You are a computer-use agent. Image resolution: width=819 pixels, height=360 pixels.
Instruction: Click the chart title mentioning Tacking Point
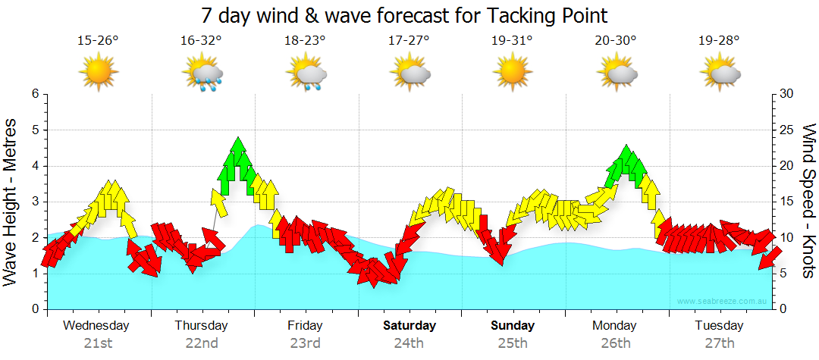[x=405, y=15]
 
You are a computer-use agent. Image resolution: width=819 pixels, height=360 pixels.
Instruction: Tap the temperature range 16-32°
[x=201, y=41]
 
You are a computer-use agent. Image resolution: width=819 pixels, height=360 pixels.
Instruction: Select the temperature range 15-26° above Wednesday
[x=98, y=41]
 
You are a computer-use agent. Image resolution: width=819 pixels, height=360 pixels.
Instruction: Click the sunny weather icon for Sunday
[x=512, y=73]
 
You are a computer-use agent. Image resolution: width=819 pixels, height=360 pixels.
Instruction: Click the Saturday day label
[x=409, y=326]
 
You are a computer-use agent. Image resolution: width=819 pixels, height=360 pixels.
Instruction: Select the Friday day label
[x=305, y=326]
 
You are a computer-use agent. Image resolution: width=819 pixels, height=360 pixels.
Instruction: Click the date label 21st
[x=98, y=343]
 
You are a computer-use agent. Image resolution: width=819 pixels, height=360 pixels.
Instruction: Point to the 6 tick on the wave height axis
[x=35, y=94]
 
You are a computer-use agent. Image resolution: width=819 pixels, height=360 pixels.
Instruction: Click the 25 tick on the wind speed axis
[x=787, y=130]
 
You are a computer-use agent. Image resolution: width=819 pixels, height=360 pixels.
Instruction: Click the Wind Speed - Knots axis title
[x=808, y=202]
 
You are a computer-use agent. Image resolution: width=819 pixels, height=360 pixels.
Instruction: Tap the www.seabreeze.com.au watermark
[x=723, y=302]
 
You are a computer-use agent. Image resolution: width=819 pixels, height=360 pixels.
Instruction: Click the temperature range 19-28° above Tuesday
[x=720, y=41]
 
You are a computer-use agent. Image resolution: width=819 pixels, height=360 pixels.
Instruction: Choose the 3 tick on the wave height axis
[x=35, y=202]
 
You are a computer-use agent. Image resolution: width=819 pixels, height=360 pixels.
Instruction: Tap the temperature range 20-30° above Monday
[x=616, y=41]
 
